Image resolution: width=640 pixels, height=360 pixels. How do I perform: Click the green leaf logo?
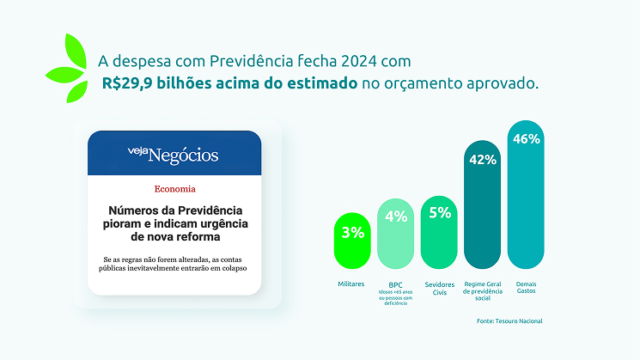point(68,68)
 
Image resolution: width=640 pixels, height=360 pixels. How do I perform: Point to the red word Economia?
point(174,188)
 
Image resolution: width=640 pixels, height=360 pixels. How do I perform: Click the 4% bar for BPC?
point(396,234)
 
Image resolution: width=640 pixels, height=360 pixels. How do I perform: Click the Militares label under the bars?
point(351,284)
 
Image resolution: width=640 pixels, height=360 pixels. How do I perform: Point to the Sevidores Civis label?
point(439,287)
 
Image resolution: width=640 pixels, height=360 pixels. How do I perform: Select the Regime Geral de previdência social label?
point(482,290)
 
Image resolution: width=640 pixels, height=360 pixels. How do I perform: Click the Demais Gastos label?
point(527,287)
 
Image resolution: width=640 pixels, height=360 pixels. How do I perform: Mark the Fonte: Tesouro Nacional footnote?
point(509,320)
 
